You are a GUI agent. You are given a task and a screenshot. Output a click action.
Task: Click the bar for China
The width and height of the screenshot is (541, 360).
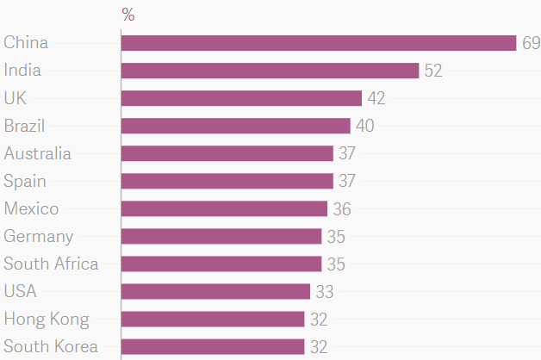point(319,43)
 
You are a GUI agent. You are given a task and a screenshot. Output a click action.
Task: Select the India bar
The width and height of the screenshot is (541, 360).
point(270,71)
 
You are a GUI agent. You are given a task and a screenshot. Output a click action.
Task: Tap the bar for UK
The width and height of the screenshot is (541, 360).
point(241,98)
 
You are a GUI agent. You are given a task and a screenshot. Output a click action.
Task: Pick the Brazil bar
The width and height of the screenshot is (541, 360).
point(235,126)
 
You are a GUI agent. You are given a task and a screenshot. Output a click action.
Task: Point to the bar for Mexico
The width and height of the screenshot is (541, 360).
point(224,208)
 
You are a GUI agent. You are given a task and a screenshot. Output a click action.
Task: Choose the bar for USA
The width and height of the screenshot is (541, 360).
point(215,291)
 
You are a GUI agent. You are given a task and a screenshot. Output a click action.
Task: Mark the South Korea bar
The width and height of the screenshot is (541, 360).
point(213,346)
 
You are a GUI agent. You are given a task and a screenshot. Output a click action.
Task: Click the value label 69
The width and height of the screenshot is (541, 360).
point(531,43)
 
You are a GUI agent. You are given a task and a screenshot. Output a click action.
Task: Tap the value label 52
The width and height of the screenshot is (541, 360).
point(433,71)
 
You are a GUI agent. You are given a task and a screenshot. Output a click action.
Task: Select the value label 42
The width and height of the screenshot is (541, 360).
point(376,98)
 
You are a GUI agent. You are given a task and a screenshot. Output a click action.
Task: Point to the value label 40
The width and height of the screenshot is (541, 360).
point(365,126)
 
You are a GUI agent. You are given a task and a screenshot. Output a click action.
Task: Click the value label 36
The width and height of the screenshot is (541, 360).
point(342,208)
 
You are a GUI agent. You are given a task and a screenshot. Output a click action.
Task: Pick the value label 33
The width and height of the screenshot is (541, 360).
point(325,291)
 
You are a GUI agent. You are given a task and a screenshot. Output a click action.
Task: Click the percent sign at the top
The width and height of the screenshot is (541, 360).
point(128,15)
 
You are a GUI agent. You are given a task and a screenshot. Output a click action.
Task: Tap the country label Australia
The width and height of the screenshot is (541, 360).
point(38,153)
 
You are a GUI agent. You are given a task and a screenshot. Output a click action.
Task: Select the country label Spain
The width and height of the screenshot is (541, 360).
point(25,181)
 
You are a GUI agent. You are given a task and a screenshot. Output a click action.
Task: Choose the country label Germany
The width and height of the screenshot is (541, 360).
point(39,236)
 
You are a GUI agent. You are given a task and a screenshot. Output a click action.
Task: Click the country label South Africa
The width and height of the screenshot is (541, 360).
point(51,264)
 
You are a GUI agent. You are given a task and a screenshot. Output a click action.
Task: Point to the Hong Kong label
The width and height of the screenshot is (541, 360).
point(47,319)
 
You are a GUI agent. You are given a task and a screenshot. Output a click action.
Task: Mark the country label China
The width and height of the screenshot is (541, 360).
point(26,43)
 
